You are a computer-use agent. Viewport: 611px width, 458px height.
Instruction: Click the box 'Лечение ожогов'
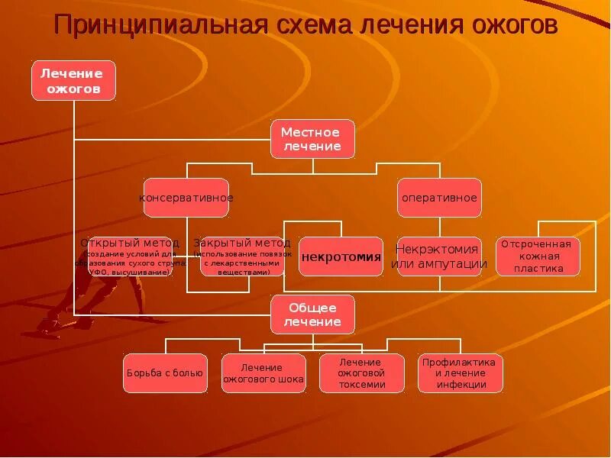click(73, 80)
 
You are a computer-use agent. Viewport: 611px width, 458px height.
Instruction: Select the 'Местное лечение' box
click(312, 139)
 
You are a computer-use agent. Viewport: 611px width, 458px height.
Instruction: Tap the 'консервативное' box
click(187, 198)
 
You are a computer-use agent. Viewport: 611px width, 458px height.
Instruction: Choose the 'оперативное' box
click(439, 198)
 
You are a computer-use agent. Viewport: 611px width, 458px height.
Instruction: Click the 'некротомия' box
click(341, 256)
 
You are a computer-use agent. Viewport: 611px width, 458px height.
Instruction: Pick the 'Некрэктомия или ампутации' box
click(439, 256)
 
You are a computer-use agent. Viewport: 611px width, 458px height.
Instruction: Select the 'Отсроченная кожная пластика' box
click(538, 256)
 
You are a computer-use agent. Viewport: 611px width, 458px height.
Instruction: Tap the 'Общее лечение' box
click(312, 314)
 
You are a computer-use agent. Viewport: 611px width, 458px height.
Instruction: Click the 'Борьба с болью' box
click(165, 373)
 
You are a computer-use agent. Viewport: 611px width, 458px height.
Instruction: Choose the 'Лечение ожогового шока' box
click(263, 373)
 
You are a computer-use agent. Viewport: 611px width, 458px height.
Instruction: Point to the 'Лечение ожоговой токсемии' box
click(361, 373)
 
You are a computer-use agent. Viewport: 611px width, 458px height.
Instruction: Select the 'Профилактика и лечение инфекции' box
click(461, 373)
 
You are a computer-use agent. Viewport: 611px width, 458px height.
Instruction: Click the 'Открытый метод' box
click(131, 256)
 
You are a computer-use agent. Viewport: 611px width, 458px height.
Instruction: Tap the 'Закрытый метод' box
click(242, 256)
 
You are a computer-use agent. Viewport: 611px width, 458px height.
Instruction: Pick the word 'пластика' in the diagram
click(538, 269)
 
